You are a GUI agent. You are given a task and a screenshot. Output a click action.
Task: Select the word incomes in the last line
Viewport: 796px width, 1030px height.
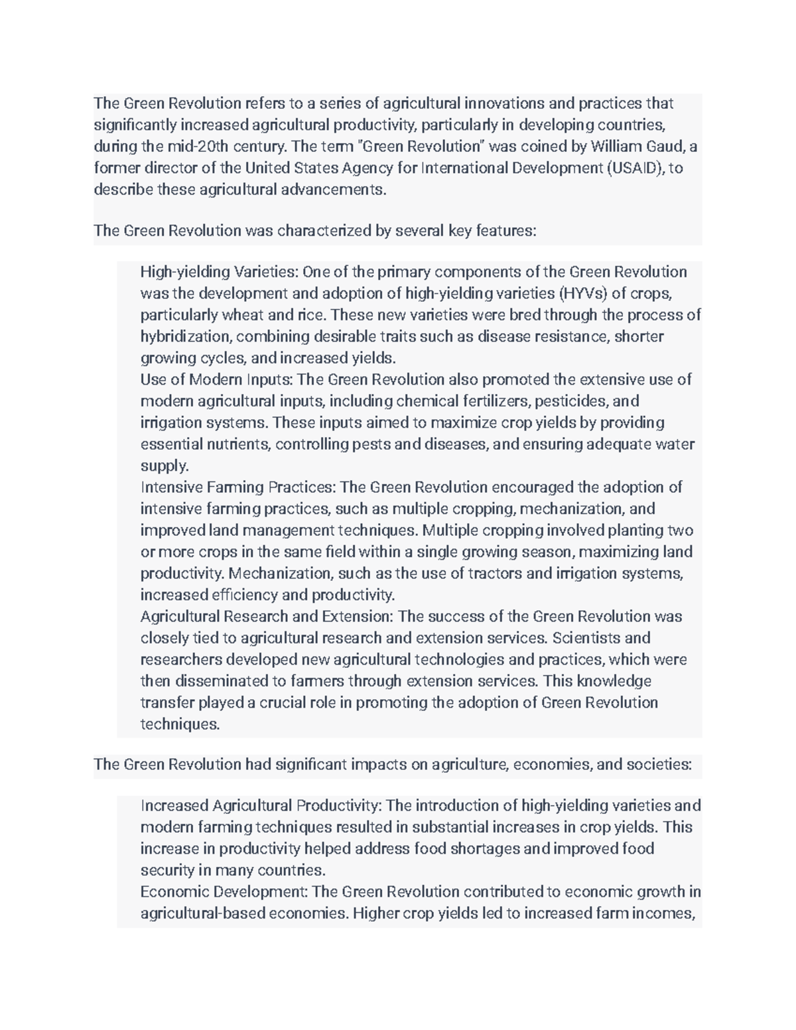tap(663, 914)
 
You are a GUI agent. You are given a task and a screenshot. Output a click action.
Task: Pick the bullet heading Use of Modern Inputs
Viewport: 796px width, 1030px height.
tap(217, 379)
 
